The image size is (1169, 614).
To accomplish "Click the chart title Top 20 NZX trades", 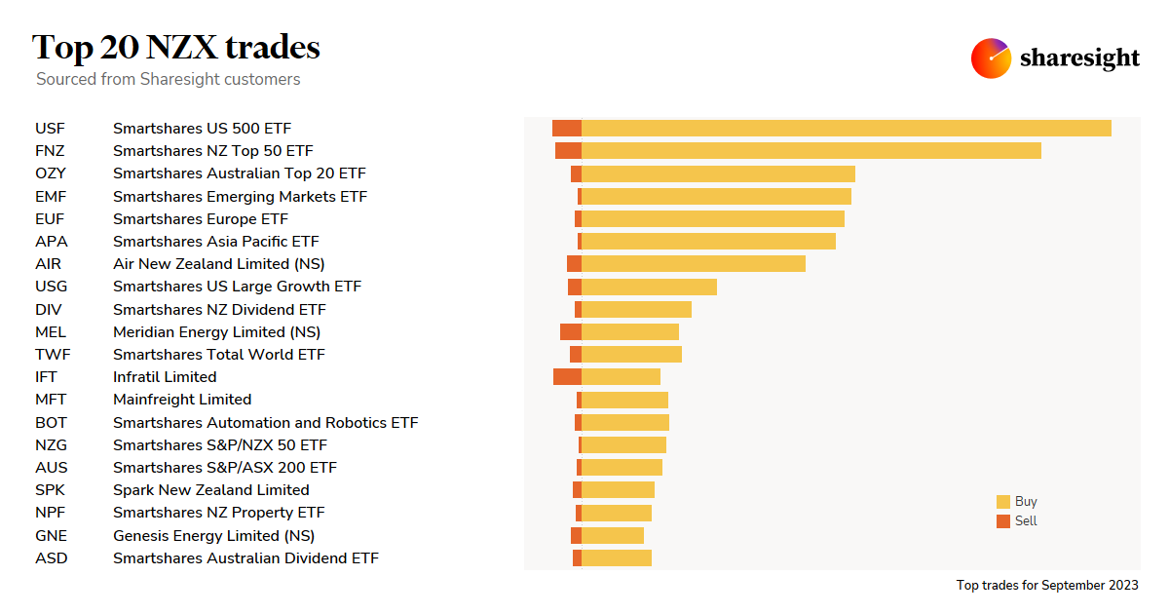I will point(176,47).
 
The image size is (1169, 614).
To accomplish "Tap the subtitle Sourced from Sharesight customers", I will point(169,79).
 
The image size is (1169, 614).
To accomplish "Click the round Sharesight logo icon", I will point(991,58).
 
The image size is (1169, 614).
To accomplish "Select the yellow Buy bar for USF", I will point(846,128).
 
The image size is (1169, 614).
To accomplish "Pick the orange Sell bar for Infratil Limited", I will point(567,376).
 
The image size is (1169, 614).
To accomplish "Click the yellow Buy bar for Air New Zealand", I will point(693,263).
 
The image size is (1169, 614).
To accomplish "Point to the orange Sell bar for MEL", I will point(571,331).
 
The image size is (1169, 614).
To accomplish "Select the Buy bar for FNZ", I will point(811,150).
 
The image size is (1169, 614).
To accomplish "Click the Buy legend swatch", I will point(1003,502).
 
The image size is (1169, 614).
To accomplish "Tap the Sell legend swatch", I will point(1003,521).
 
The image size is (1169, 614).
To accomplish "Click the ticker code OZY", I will point(51,173).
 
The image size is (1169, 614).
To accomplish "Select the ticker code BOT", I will point(51,423).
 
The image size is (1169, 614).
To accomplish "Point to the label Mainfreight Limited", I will point(182,400).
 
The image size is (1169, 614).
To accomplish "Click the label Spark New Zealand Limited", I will point(211,490).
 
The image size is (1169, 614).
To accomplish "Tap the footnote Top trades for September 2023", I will point(1047,586).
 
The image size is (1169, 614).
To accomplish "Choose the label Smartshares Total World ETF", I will point(219,355).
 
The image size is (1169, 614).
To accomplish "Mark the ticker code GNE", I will point(52,536).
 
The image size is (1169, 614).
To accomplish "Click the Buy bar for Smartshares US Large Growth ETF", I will point(649,287).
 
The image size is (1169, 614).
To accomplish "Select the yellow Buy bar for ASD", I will point(616,557).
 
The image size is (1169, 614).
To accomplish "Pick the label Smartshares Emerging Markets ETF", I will point(240,196).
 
